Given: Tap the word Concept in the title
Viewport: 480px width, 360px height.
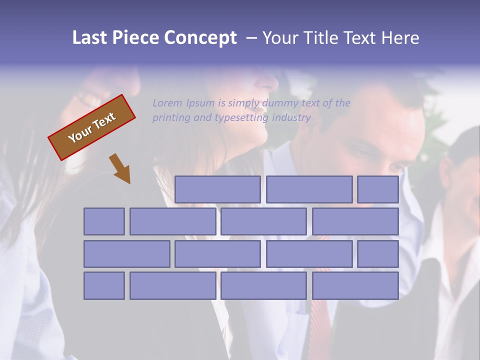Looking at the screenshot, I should [x=200, y=38].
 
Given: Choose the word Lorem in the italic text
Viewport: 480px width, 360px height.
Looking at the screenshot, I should [x=167, y=103].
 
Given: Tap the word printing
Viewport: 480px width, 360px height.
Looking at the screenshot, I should [x=171, y=118].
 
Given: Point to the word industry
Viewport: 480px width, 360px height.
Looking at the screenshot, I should [x=291, y=118].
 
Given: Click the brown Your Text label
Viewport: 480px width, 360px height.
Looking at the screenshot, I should [x=92, y=127].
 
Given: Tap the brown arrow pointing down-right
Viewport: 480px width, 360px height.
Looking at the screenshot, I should [x=120, y=168].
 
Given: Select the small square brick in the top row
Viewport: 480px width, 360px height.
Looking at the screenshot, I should [x=377, y=189].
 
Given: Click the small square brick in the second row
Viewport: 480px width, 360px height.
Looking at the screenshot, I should [x=104, y=221].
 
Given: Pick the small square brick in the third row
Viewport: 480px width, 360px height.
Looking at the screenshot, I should [x=377, y=253].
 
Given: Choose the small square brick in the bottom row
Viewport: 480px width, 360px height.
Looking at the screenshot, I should [x=104, y=285].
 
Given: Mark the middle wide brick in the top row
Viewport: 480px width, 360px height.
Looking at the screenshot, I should [x=309, y=189].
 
